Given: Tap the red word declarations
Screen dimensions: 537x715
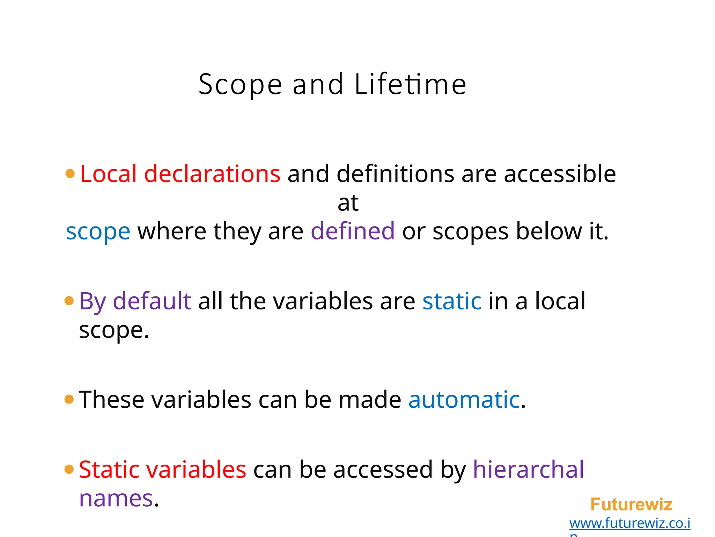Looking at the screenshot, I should click(212, 174).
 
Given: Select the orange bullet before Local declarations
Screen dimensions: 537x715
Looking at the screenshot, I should click(70, 173).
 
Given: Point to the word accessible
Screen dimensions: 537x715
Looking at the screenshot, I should click(560, 174).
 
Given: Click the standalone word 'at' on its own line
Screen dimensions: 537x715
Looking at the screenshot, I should click(348, 203).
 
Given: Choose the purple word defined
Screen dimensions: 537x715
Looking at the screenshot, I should click(353, 231).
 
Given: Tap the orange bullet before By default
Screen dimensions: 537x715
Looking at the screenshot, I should click(69, 301).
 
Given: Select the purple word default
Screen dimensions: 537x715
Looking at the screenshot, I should click(152, 301).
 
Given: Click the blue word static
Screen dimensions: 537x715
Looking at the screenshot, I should click(452, 301).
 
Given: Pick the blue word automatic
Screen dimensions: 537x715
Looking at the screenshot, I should click(464, 400).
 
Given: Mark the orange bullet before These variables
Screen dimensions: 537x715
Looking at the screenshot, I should click(69, 399).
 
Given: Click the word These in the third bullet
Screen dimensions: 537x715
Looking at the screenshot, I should click(111, 400).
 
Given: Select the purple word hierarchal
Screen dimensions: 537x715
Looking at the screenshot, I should click(528, 470).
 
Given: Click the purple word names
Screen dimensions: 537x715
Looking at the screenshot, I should click(116, 499).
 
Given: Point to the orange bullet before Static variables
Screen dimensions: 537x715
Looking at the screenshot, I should click(69, 469).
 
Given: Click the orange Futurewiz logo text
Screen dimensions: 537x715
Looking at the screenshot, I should click(631, 504).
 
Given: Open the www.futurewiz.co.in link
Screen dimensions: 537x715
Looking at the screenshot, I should click(629, 524).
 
